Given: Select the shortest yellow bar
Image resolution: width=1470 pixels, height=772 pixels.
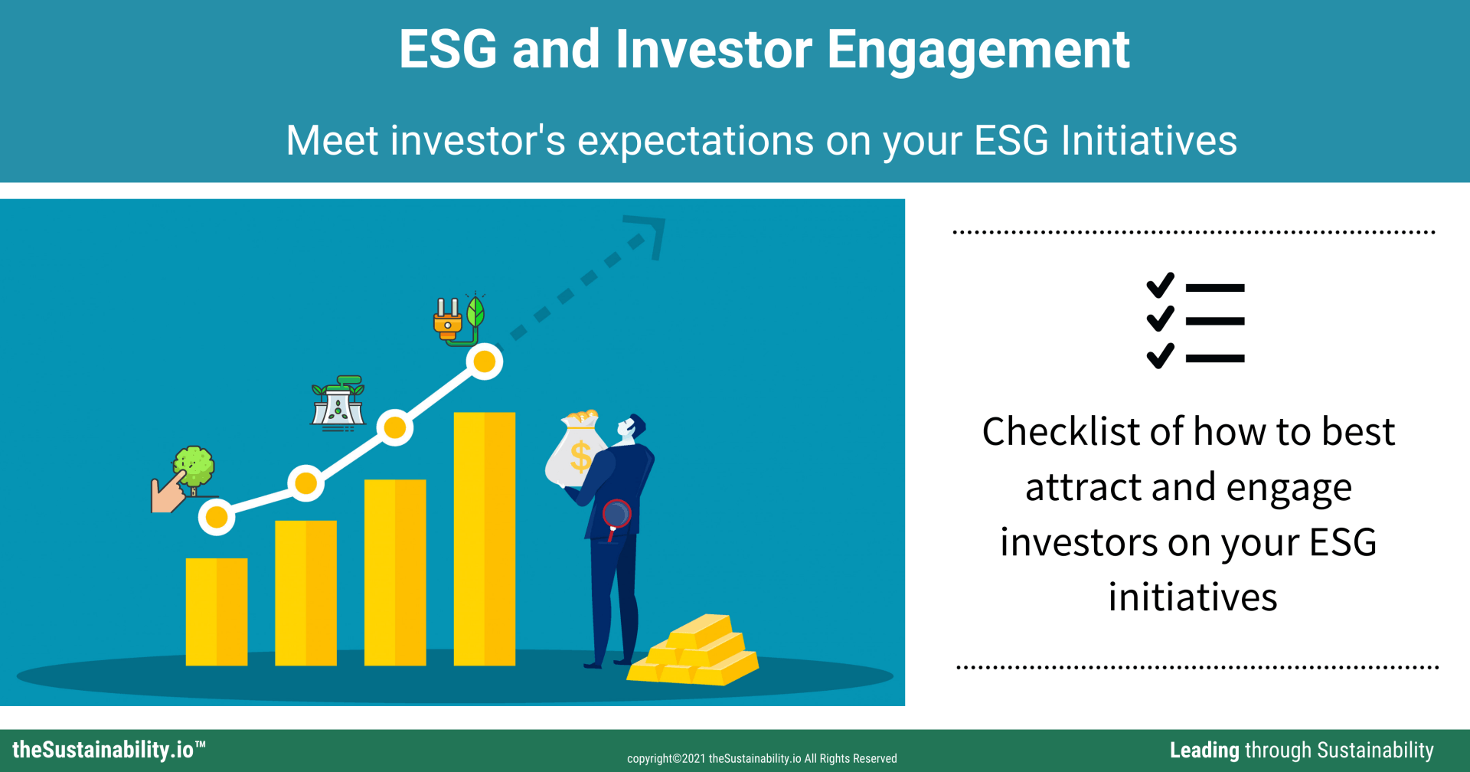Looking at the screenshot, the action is [217, 611].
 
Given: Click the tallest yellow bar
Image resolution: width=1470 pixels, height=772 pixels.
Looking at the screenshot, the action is [484, 538].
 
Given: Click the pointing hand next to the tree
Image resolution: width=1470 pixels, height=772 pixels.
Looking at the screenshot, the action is [168, 492].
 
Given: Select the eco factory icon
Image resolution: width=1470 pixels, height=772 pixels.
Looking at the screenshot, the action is [338, 403].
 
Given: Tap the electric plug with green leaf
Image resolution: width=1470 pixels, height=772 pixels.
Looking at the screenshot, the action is [459, 319].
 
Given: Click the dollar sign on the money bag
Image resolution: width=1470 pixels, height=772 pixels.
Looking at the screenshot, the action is [580, 457].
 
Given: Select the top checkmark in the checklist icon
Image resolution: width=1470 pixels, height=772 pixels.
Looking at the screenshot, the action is [1160, 286].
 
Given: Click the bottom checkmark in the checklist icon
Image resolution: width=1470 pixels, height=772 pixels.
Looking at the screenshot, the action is [1160, 355].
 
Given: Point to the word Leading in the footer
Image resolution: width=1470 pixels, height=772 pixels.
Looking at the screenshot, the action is [1204, 751].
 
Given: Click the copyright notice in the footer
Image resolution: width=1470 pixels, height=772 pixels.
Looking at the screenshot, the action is [762, 758].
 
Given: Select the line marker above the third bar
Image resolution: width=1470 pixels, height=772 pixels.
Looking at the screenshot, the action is [395, 427].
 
